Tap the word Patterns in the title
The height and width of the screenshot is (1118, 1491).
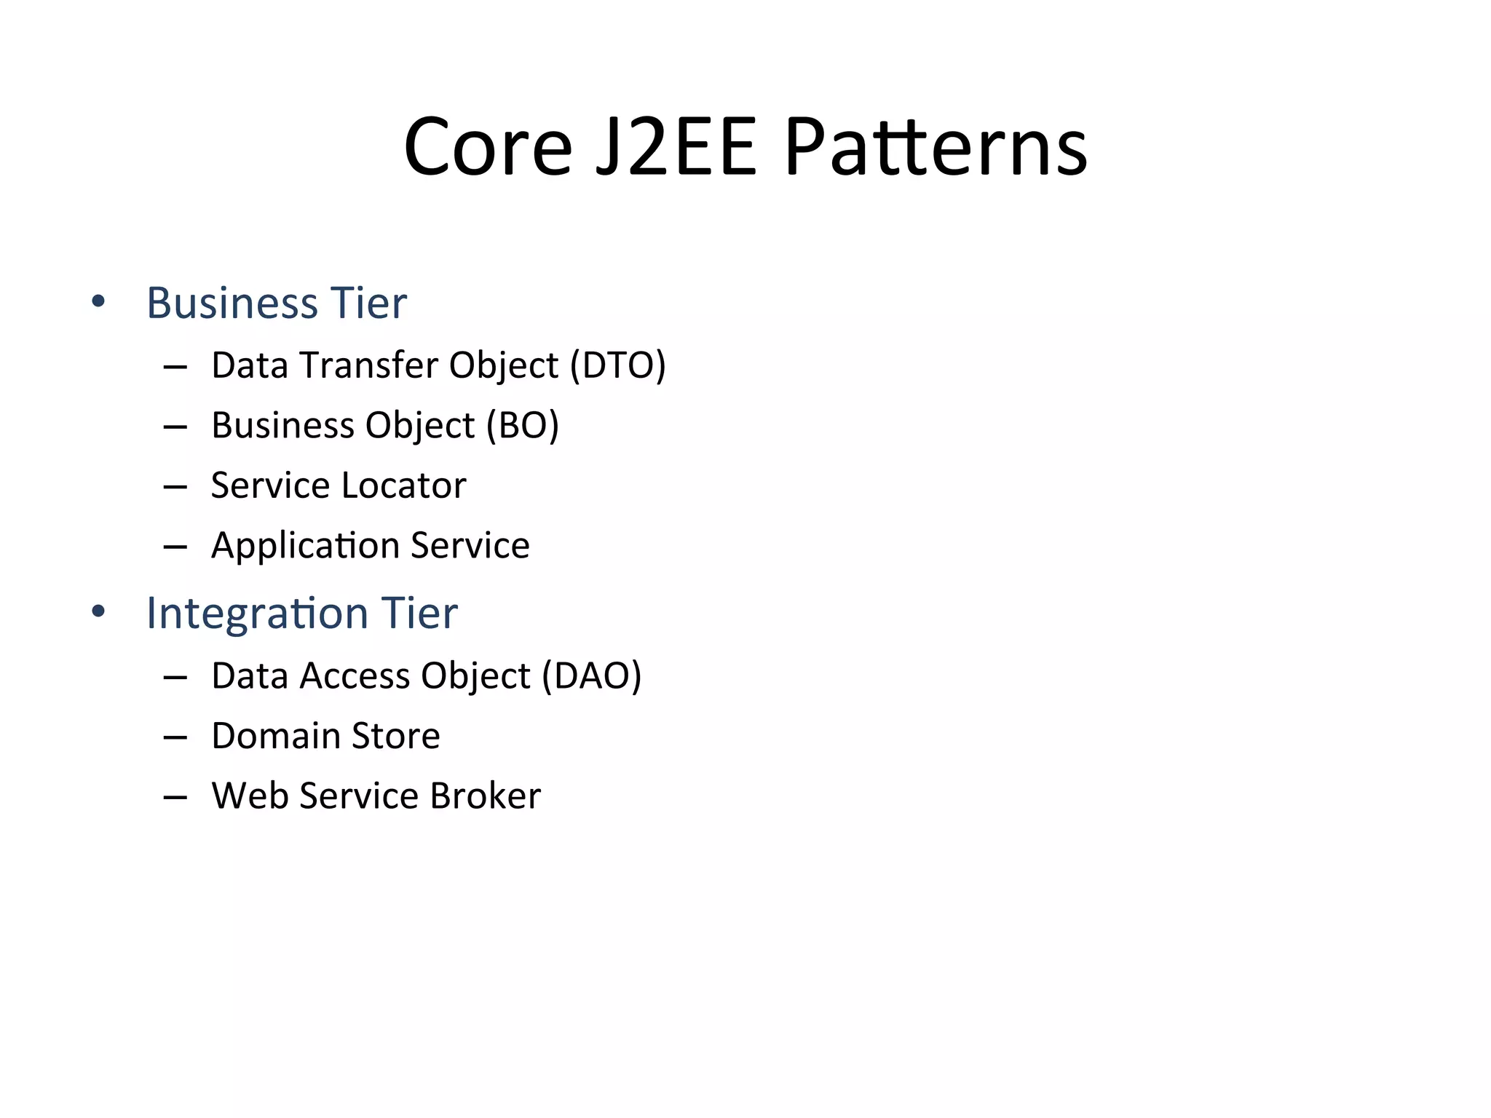coord(936,148)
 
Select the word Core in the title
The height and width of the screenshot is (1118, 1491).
coord(488,148)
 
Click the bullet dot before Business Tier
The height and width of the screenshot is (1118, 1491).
coord(98,301)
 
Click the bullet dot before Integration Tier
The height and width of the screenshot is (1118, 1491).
coord(98,611)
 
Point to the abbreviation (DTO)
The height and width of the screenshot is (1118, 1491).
coord(617,365)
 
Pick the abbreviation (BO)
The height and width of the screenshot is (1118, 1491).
coord(522,425)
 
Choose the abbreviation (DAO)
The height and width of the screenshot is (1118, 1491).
coord(591,675)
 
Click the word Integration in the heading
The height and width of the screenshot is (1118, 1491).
coord(256,613)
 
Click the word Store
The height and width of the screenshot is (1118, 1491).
coord(395,736)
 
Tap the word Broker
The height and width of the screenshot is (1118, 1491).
coord(485,796)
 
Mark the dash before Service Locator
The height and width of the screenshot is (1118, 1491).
coord(175,486)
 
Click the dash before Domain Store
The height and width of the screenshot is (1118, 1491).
coord(175,737)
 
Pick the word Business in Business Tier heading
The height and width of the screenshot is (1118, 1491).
coord(232,303)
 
